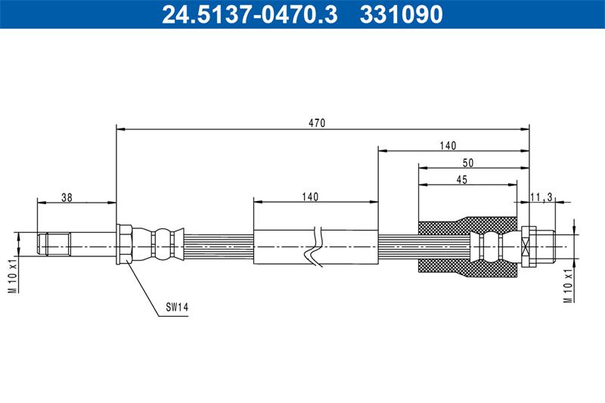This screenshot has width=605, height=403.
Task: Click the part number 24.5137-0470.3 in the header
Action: tap(250, 14)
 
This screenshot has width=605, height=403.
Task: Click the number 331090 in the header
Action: tap(402, 14)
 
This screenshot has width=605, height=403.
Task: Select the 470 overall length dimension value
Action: tap(317, 123)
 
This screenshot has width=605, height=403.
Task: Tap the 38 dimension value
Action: tap(67, 197)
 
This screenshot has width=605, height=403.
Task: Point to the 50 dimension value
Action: tap(468, 163)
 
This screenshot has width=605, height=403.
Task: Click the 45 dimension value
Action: tap(462, 180)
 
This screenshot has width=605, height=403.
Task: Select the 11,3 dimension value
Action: tap(541, 197)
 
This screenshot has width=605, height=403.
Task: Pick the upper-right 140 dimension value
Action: tap(448, 146)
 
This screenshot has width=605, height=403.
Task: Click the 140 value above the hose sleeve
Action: tap(310, 197)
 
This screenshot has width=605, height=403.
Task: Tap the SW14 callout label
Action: tap(177, 308)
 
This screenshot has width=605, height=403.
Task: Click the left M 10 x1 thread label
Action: tap(14, 276)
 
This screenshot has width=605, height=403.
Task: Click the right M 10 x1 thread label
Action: tap(568, 286)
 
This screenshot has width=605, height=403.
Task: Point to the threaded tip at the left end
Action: tap(54, 243)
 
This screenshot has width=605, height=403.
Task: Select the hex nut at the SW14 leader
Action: tap(124, 244)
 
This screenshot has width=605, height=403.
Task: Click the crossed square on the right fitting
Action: tap(524, 246)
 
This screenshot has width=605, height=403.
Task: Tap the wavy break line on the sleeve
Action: tap(315, 246)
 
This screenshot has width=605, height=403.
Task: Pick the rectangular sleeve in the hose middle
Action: tap(315, 246)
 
